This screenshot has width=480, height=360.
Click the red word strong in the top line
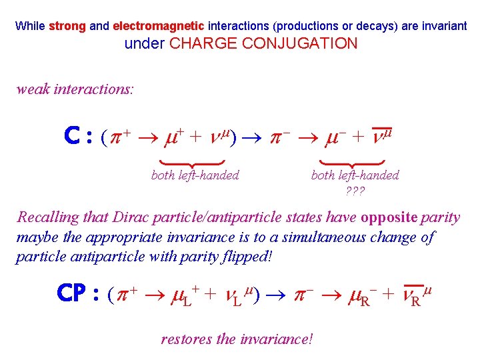[x=67, y=27]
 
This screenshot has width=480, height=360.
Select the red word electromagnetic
[x=159, y=27]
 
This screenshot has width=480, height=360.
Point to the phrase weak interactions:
[x=75, y=89]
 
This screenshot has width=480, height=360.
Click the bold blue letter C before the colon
[x=73, y=137]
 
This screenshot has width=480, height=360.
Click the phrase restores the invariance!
[x=237, y=339]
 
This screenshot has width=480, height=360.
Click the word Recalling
[x=47, y=217]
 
